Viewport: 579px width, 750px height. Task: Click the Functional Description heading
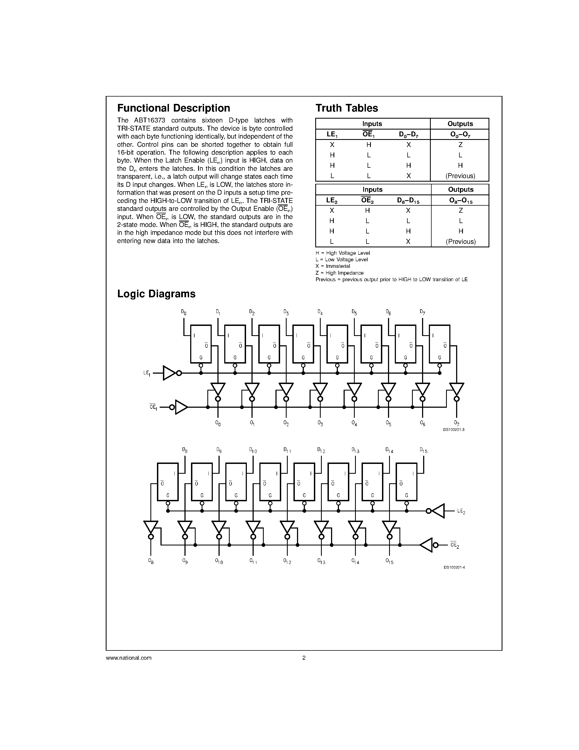174,108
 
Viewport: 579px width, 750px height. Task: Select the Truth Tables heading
346,108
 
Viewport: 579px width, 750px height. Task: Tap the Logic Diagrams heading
156,294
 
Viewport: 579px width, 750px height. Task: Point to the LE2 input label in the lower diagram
461,511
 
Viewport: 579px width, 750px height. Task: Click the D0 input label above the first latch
184,312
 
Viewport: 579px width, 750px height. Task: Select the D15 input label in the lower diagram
424,450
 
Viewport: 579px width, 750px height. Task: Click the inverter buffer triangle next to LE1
169,373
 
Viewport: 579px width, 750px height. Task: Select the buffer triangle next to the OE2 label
426,545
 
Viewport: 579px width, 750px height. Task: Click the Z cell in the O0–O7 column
460,145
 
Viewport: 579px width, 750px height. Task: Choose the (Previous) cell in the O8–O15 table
461,242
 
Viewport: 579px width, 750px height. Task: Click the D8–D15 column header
408,200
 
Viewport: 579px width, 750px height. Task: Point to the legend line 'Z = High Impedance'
339,273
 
